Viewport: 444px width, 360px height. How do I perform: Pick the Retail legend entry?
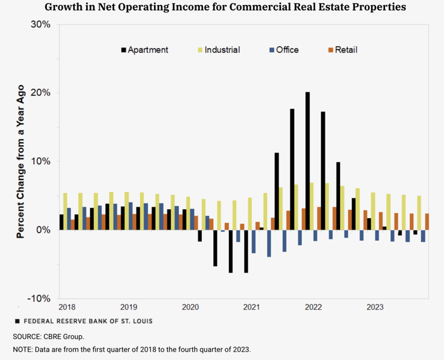[x=345, y=49]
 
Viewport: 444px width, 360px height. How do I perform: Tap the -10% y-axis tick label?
[x=40, y=299]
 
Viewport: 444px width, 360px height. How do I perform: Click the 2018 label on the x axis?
[x=67, y=307]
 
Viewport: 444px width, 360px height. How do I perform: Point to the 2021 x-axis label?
[x=252, y=307]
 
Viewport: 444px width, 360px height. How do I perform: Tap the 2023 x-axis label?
[x=375, y=307]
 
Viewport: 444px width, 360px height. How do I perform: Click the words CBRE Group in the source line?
[x=64, y=336]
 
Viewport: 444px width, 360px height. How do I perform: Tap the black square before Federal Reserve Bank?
[x=17, y=321]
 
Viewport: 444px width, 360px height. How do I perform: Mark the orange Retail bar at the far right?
[x=427, y=222]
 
